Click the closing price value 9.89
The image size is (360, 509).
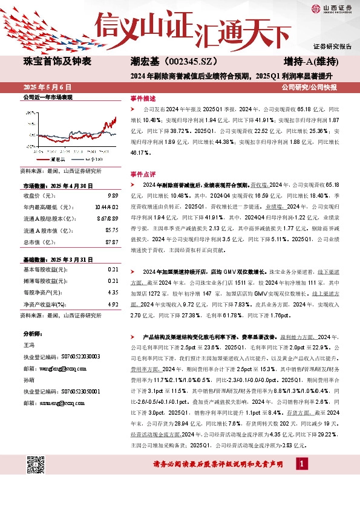pos(113,196)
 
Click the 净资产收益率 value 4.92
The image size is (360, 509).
pos(113,305)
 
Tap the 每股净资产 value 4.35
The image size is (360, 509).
pos(113,293)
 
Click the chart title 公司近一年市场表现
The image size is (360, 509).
pos(48,97)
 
